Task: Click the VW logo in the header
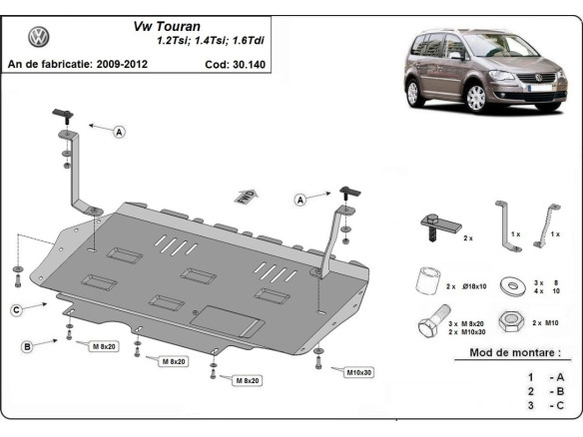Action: point(39,38)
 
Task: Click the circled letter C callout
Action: point(17,311)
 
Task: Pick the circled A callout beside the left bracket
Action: point(120,131)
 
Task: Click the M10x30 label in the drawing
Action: point(360,372)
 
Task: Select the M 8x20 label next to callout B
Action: point(103,346)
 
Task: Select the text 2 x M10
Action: point(547,324)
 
